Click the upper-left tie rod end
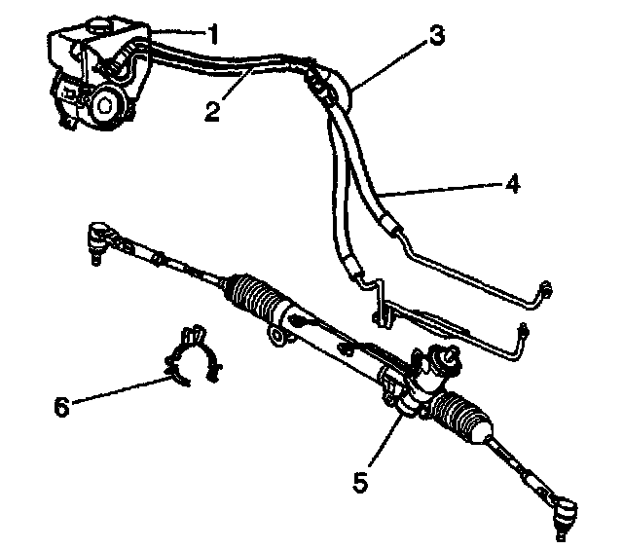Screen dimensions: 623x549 (98, 236)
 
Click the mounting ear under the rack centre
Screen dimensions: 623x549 (279, 339)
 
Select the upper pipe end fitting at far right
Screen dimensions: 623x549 (545, 289)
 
